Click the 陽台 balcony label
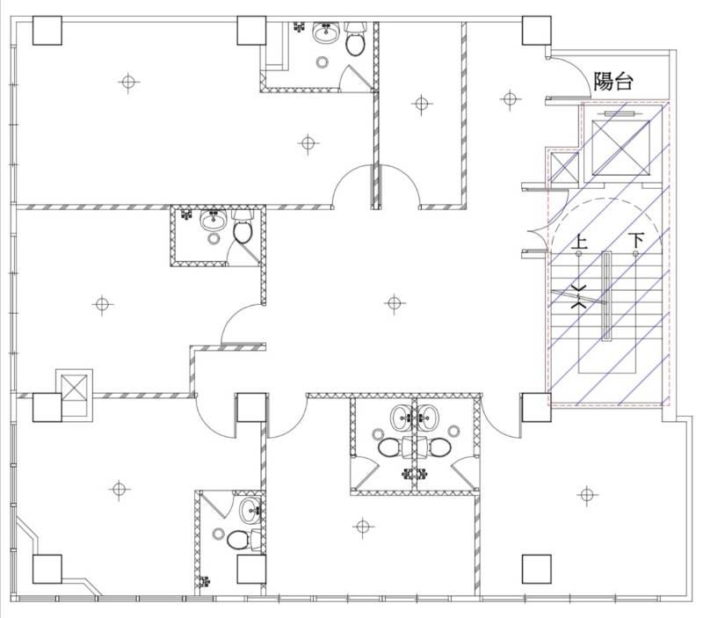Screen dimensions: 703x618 click(612, 82)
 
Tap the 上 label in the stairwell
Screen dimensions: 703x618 click(579, 242)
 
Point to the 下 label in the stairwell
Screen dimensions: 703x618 click(635, 240)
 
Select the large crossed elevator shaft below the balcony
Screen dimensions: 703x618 click(620, 148)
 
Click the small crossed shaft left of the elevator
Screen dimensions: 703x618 click(564, 167)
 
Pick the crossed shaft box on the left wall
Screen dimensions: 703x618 click(74, 388)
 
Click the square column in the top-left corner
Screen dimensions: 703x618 click(47, 31)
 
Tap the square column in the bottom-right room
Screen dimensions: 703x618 click(536, 569)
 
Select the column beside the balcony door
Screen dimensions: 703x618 click(536, 31)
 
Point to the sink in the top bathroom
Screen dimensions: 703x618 click(325, 33)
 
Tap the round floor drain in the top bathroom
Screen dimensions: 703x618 click(322, 62)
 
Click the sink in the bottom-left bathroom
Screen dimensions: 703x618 click(251, 511)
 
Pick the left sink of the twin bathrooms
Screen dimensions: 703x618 click(404, 417)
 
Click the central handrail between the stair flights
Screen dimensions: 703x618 click(606, 296)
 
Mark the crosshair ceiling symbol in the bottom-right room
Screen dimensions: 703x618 click(587, 495)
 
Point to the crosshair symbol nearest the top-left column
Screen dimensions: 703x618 click(128, 83)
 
